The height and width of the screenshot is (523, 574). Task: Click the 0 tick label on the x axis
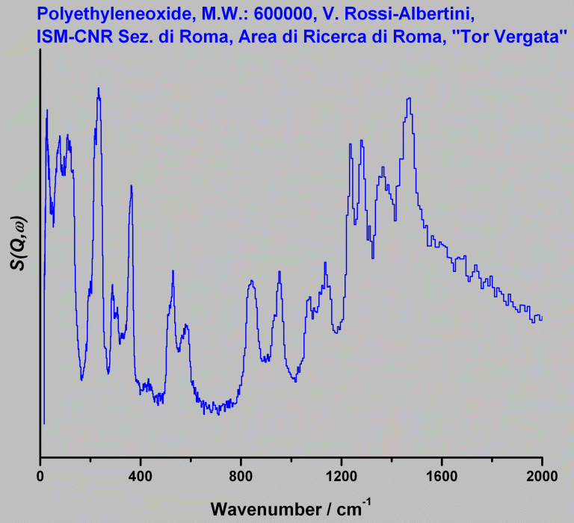point(40,474)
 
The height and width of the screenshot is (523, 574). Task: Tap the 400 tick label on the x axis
point(141,474)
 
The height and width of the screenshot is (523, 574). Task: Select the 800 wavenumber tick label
point(241,474)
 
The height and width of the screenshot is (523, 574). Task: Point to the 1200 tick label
point(341,474)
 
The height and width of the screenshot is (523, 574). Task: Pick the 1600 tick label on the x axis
point(441,474)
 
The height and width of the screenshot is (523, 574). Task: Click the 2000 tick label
point(541,474)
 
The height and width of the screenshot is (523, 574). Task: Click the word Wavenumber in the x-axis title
point(256,509)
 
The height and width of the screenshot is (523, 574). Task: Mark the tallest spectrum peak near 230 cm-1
point(98,88)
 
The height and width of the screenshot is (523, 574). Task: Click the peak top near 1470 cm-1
point(409,99)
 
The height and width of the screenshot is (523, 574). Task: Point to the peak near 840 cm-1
point(252,281)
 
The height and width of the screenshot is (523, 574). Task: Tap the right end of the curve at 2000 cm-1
point(541,318)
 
